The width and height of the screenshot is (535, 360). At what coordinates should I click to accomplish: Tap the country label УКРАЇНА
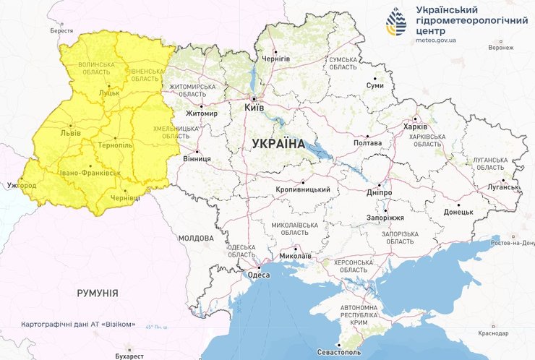pos(278,144)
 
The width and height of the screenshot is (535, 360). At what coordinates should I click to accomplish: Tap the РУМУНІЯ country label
pos(98,293)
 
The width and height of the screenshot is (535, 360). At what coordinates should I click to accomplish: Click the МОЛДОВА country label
pos(196,238)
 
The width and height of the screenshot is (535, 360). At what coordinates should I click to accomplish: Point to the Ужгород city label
pos(21,186)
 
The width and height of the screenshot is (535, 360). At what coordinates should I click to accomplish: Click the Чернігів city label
pos(275,59)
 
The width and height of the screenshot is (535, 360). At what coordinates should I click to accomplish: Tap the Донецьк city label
pos(458,212)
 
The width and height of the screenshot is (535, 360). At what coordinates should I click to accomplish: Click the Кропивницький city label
pos(303,189)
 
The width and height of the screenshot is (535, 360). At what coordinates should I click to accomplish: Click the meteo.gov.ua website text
pos(436,40)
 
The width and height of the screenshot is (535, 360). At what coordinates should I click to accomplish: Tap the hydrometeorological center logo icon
pos(396,22)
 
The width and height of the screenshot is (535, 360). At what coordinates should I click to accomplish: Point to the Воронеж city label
pos(500,48)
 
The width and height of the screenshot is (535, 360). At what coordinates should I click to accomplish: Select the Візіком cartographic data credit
pos(78,324)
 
